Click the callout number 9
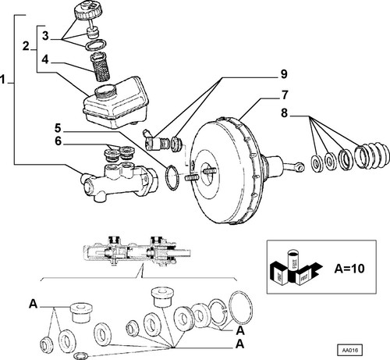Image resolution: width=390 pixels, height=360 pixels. point(284,74)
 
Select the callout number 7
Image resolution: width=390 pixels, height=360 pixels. point(285,95)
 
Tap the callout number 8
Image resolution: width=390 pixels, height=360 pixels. point(285,113)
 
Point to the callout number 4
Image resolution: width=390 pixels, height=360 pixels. point(45,59)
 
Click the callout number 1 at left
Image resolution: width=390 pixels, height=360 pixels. point(3,80)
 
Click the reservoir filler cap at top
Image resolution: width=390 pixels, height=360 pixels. point(88,10)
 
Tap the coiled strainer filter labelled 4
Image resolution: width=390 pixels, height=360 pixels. point(100,66)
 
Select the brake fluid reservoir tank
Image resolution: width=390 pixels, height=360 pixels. point(116,102)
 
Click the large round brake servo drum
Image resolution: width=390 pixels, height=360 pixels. point(225,170)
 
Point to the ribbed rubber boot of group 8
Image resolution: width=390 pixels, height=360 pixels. point(372,155)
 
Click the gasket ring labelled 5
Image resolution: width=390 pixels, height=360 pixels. point(172,177)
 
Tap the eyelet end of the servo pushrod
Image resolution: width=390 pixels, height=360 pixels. point(300,167)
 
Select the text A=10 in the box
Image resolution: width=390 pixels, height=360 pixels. point(349,269)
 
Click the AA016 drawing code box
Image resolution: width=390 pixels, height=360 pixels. point(349,350)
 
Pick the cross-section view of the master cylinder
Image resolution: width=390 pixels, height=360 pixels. point(137,251)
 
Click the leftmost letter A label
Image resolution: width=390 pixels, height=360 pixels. point(33,304)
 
